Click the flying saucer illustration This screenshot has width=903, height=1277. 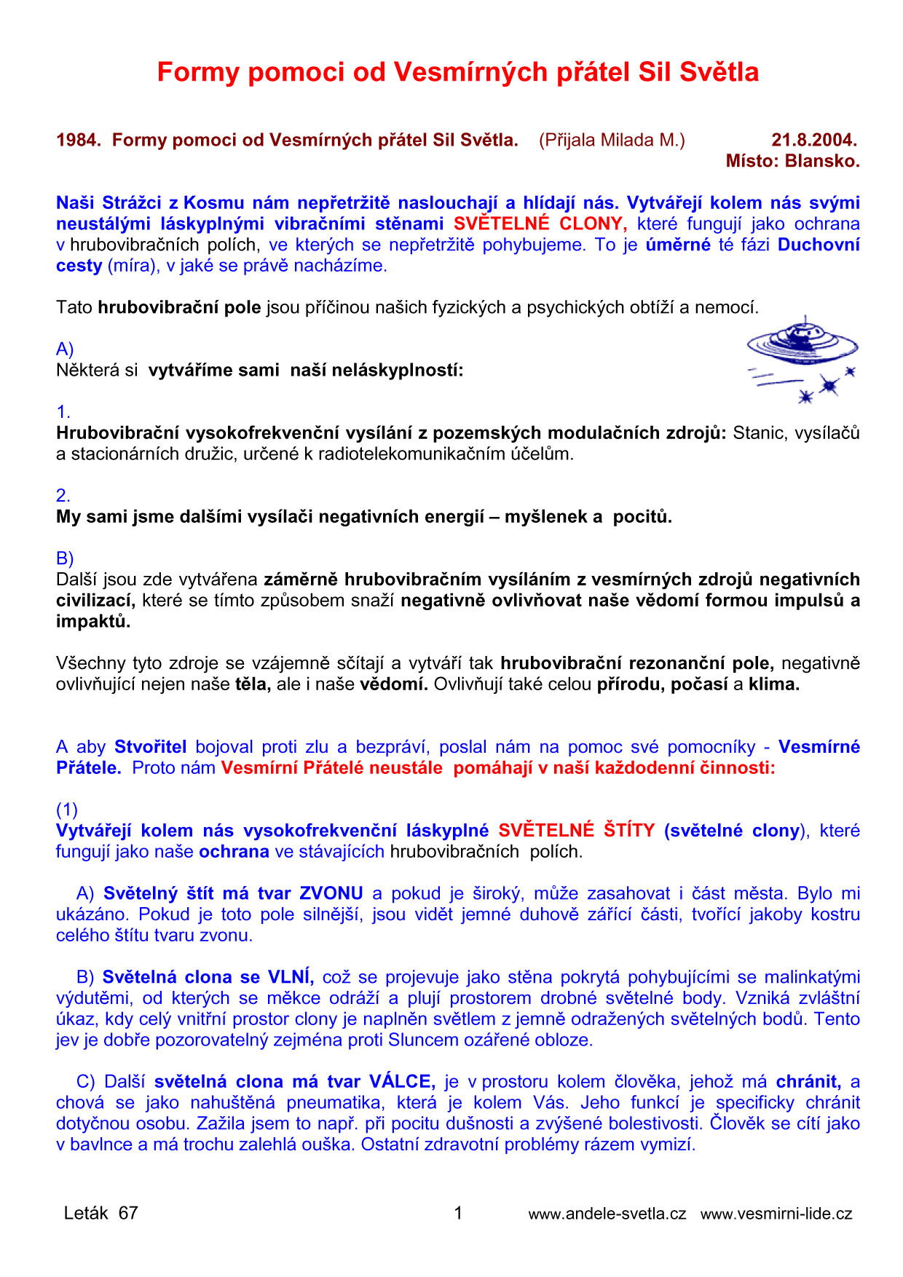(x=802, y=357)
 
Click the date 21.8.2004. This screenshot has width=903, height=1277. (x=814, y=141)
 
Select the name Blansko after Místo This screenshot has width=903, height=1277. (x=823, y=162)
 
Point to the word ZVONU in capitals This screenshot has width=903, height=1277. (x=331, y=894)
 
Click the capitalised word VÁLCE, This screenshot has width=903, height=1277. (x=402, y=1082)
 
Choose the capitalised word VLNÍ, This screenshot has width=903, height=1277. (x=291, y=978)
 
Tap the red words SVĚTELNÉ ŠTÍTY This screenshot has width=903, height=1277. (x=576, y=831)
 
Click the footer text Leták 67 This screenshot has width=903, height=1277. (x=100, y=1214)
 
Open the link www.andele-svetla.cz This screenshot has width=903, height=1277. (x=607, y=1214)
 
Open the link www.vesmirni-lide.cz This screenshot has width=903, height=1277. (x=776, y=1214)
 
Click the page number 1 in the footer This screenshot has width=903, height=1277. (x=458, y=1214)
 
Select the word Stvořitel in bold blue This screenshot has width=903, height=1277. (x=150, y=748)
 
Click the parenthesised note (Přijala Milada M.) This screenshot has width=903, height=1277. (x=612, y=141)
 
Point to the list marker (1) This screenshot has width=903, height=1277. (x=67, y=810)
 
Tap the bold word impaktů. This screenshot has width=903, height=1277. (x=93, y=622)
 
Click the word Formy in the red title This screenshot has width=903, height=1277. (x=198, y=73)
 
